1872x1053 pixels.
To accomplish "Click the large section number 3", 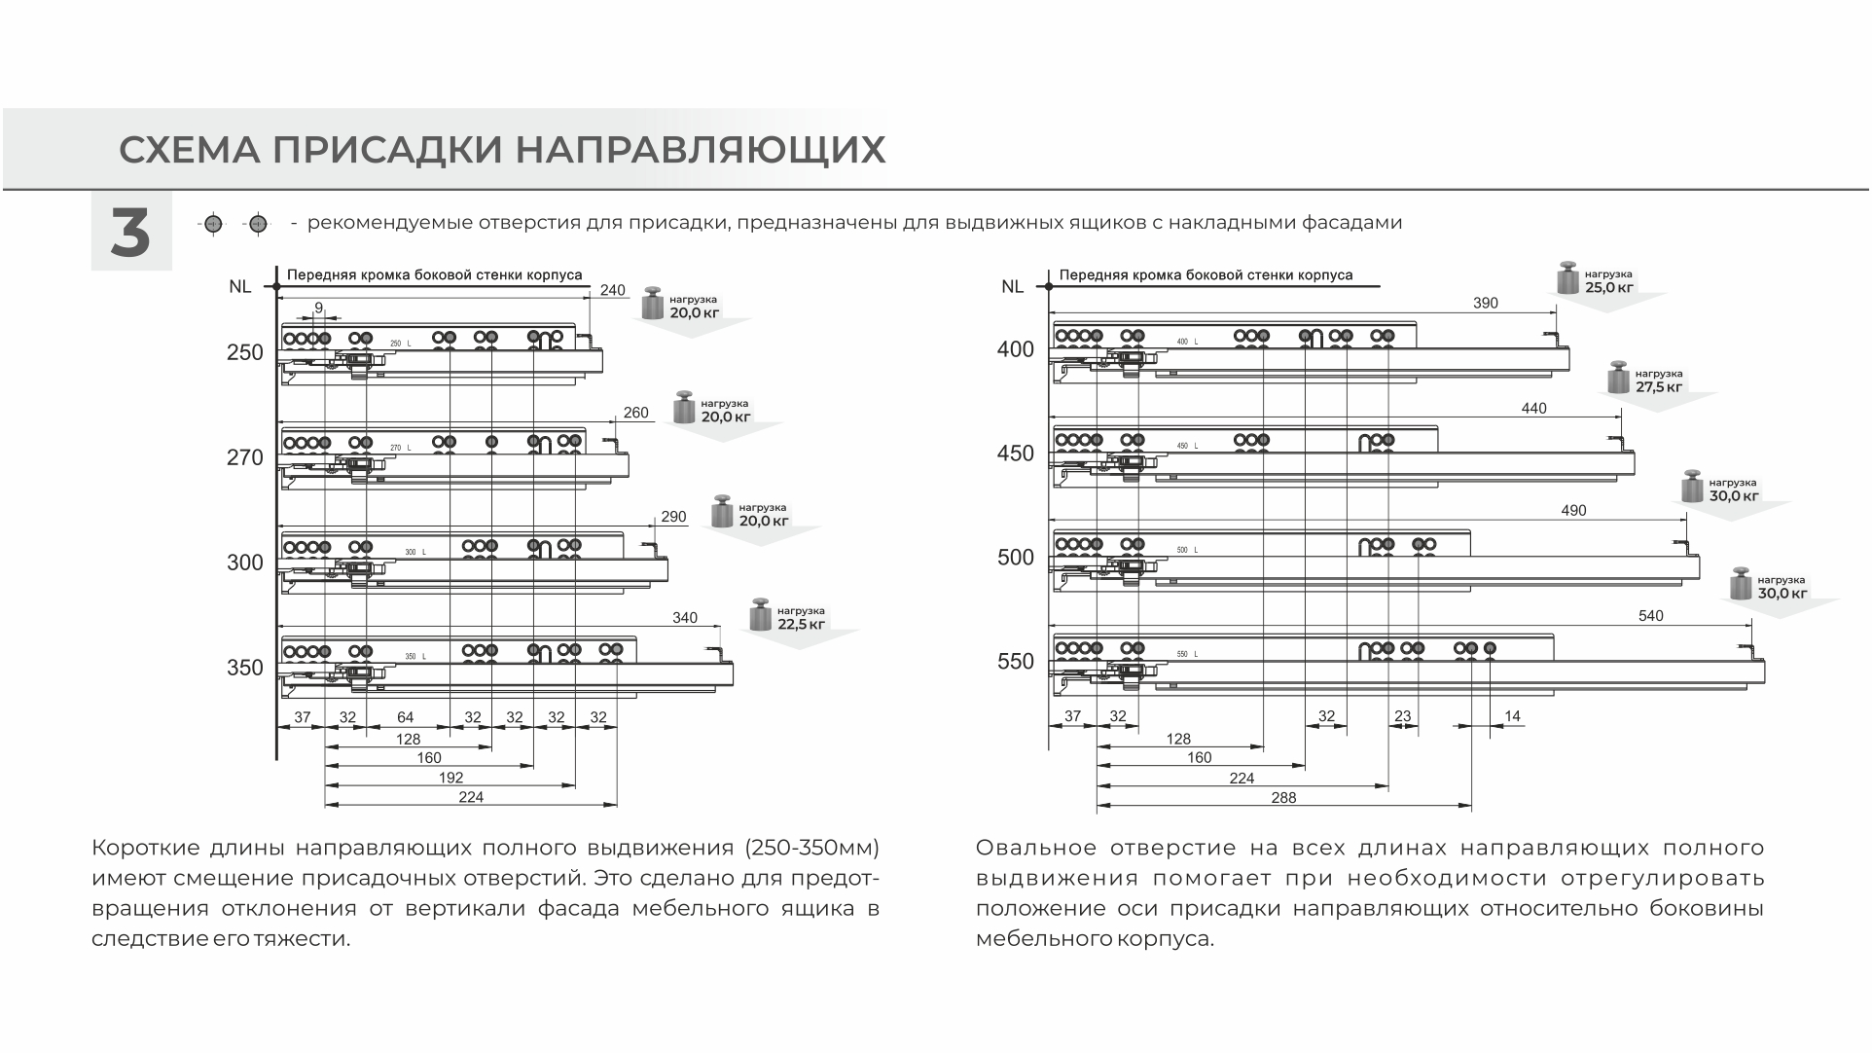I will (x=130, y=233).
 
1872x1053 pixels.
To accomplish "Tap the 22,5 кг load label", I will (x=801, y=624).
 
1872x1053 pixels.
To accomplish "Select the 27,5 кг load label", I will (x=1658, y=386).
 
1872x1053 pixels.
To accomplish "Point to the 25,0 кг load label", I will (x=1608, y=287).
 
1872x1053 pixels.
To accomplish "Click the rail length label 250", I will (x=245, y=352).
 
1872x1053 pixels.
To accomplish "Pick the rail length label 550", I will (x=1016, y=662).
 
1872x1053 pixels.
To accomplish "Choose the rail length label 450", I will (x=1016, y=454).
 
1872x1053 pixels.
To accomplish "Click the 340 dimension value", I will (x=685, y=618).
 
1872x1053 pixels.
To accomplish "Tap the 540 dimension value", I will (x=1651, y=616).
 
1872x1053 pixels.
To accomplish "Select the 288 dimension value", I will (x=1283, y=797).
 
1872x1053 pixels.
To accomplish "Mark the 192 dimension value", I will (x=450, y=778).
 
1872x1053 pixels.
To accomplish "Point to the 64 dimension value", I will (x=405, y=718).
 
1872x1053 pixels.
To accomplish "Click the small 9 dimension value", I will (x=318, y=308).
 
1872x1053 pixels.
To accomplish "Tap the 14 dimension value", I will (x=1512, y=716).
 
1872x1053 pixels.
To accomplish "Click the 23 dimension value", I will (x=1402, y=716).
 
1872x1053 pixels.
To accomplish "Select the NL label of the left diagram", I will (x=239, y=286).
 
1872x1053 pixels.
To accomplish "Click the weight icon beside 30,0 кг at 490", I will (x=1693, y=487).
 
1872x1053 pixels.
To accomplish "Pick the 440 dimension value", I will (x=1533, y=409).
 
